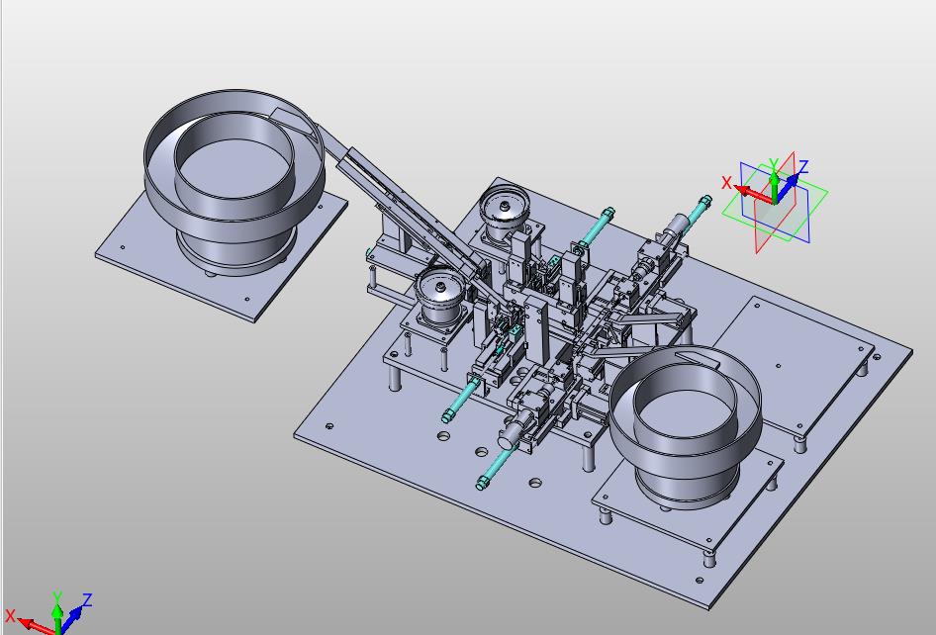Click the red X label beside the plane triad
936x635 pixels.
point(726,182)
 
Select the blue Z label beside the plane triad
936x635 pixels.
point(803,166)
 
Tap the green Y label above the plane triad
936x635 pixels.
point(774,163)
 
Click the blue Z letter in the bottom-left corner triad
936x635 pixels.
point(87,599)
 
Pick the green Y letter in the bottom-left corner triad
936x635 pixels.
point(57,596)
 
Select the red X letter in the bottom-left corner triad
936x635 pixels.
point(10,615)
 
